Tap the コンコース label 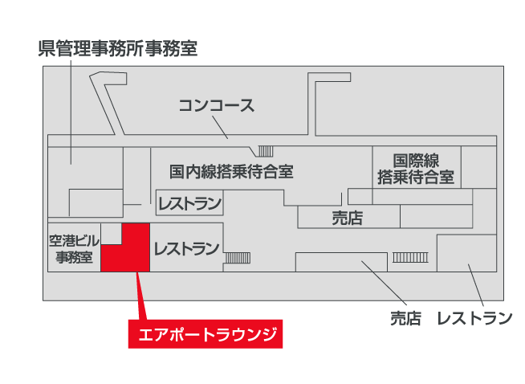(216, 105)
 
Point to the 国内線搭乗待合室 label (231, 171)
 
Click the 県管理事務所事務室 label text (117, 49)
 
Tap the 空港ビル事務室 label (74, 249)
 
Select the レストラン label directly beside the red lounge (186, 249)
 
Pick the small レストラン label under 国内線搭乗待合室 (189, 204)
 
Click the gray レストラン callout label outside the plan (474, 318)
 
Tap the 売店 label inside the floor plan (348, 217)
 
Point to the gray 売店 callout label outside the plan (405, 318)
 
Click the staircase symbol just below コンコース (266, 151)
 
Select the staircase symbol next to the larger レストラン (237, 257)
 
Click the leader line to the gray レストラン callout (475, 285)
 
